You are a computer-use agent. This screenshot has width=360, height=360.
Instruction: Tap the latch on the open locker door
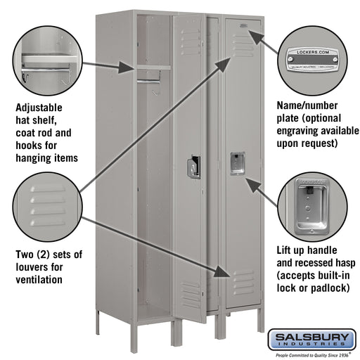click(x=193, y=167)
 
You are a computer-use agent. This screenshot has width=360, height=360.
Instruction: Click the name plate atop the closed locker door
click(x=243, y=27)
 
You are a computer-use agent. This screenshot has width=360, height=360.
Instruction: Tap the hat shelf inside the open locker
click(x=153, y=67)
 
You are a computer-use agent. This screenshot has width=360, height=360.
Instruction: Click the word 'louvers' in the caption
click(x=32, y=266)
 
